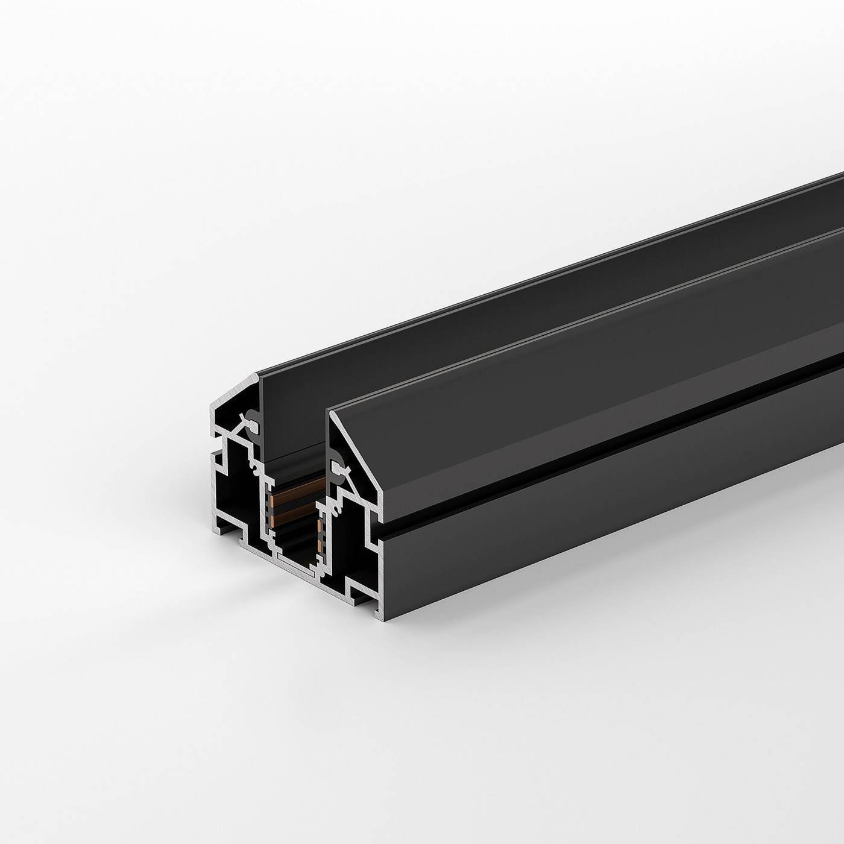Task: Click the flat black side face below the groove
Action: click(x=603, y=512)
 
